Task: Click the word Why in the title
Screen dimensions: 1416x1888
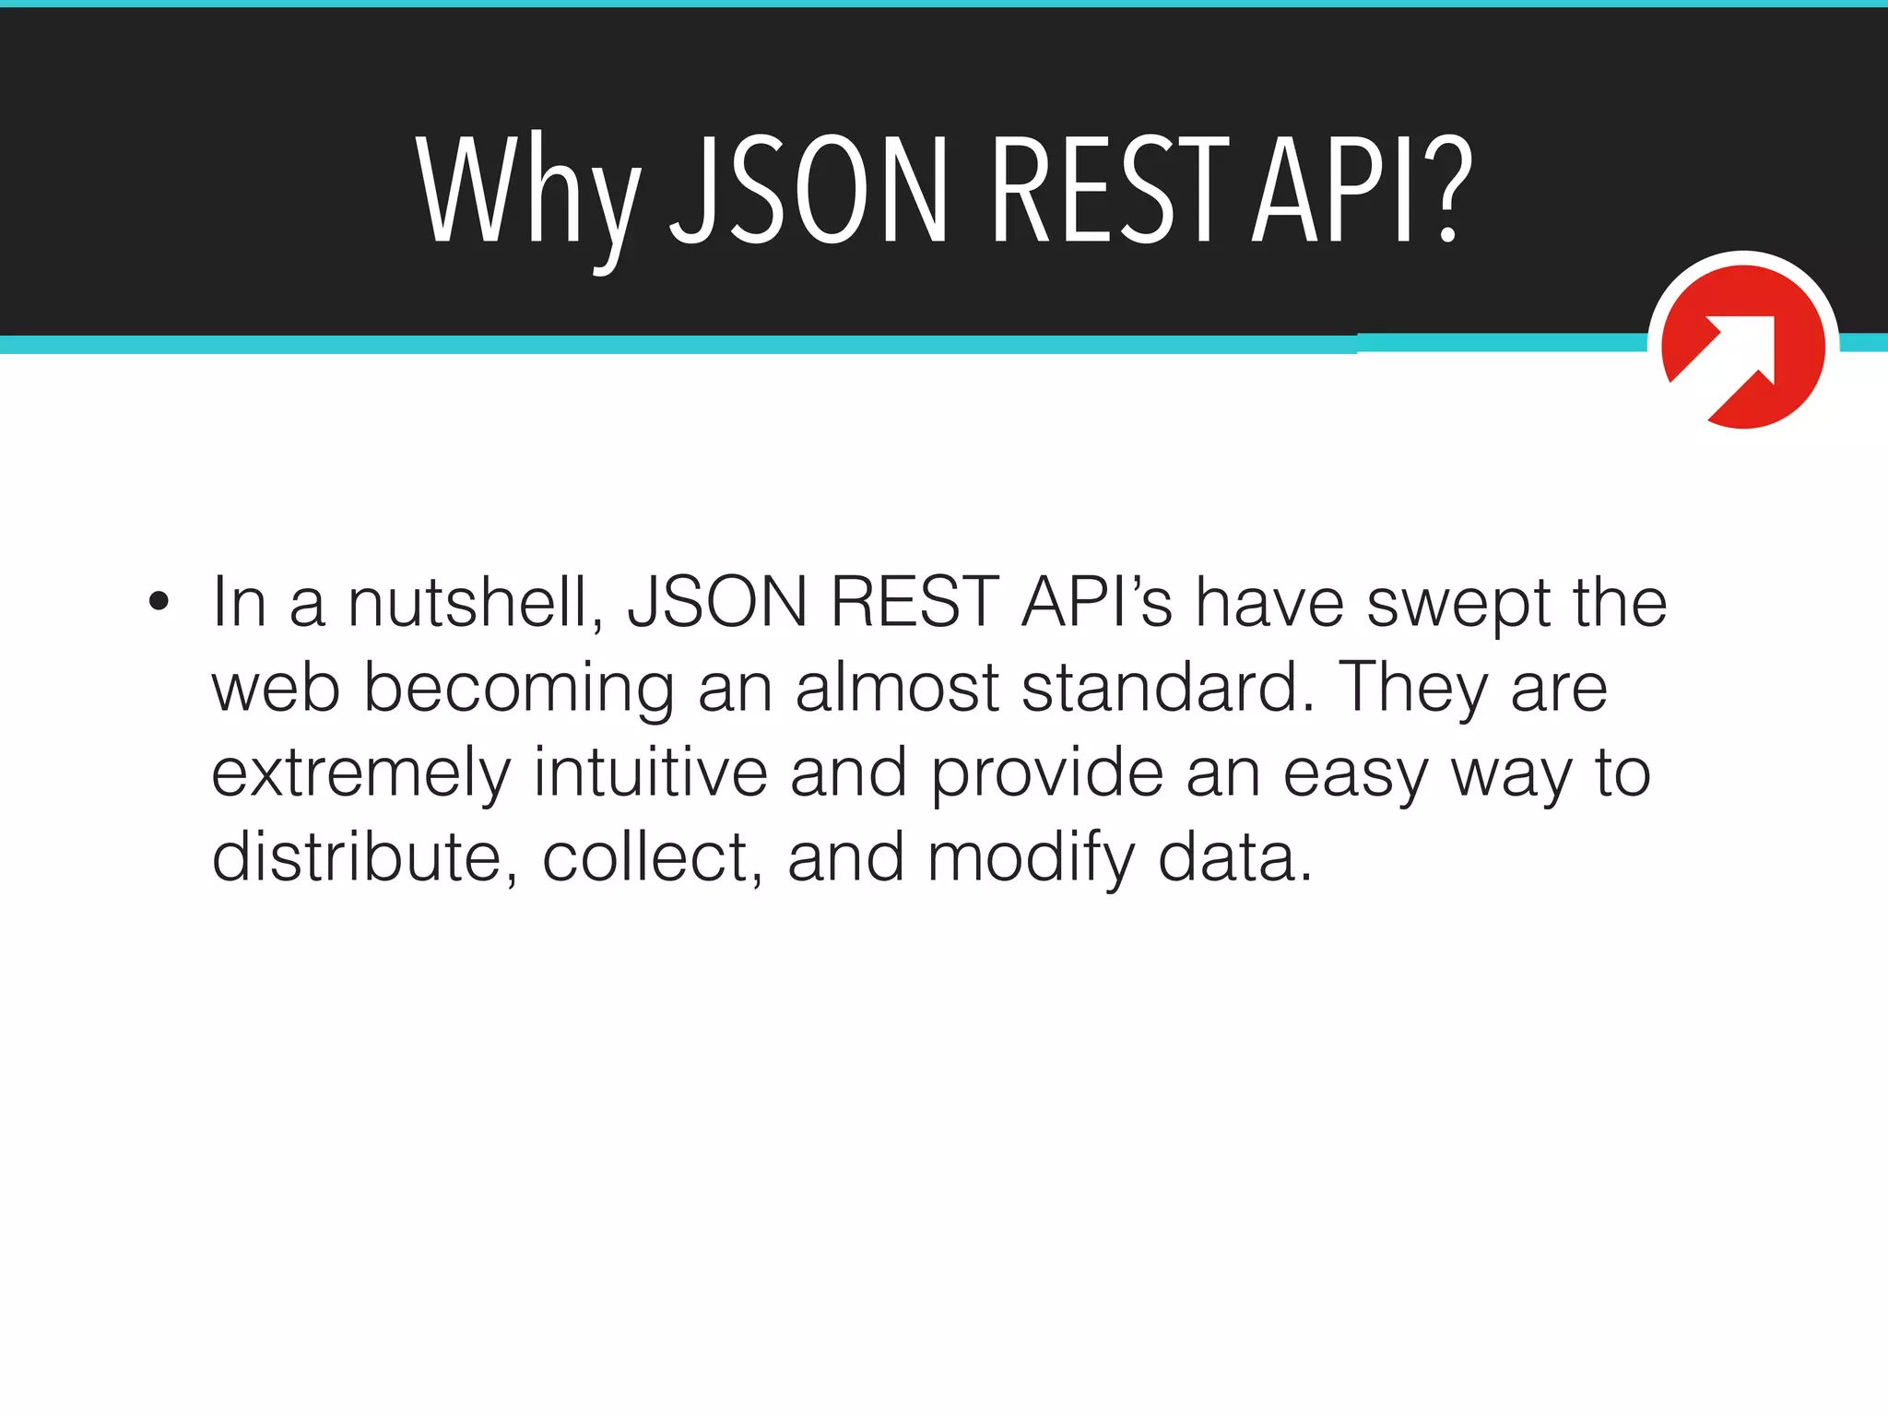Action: tap(527, 194)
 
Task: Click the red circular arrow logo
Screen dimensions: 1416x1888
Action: tap(1742, 346)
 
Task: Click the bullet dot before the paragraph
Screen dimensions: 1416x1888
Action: tap(159, 602)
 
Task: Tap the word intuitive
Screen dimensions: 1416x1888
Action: tap(651, 772)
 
